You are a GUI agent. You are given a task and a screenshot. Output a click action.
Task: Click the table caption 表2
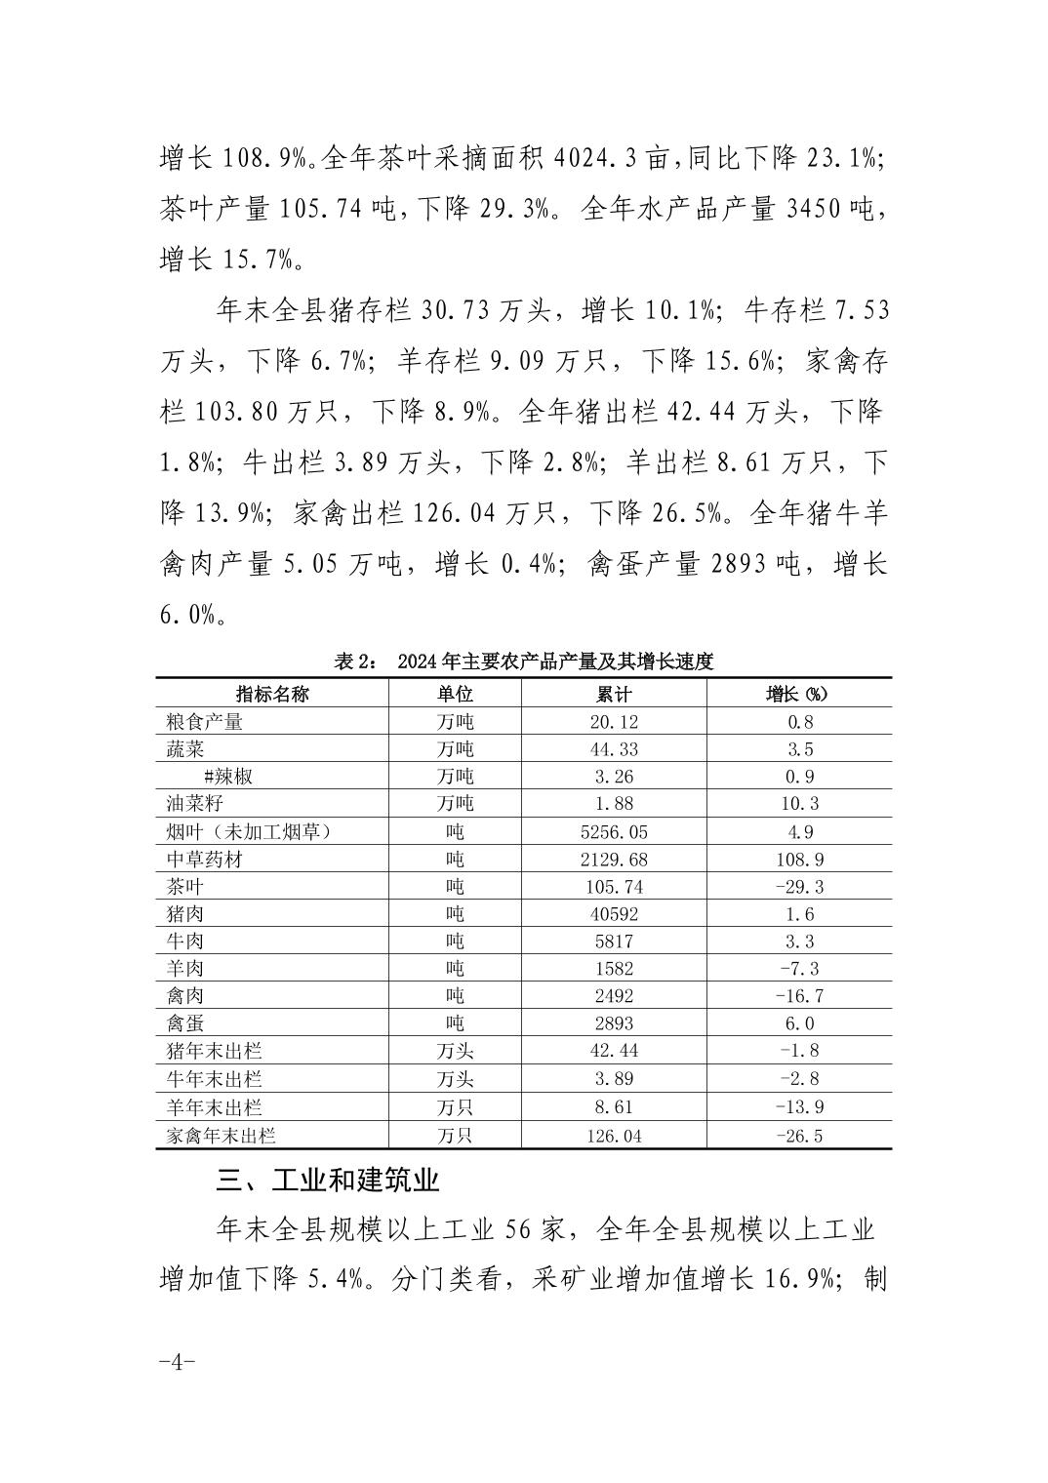coord(524,661)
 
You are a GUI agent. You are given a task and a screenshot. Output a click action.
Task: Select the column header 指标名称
coord(272,694)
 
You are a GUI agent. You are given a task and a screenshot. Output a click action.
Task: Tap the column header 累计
coord(614,694)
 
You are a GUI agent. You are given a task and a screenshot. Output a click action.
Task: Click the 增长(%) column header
coord(797,694)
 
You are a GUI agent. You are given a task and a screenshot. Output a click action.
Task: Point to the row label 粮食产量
coord(205,722)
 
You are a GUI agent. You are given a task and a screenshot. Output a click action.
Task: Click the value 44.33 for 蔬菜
coord(614,749)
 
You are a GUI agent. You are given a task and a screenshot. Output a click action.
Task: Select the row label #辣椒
coord(228,777)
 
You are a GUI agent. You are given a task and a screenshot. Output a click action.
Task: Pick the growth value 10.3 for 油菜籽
coord(797,804)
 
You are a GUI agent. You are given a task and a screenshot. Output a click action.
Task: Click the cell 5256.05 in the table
coord(614,832)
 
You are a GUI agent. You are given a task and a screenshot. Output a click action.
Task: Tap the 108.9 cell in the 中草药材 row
coord(797,860)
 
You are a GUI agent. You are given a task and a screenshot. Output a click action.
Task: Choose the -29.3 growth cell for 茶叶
coord(797,887)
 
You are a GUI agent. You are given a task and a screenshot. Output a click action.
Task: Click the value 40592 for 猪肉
coord(614,914)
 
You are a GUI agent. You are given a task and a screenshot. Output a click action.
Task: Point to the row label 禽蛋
coord(185,1023)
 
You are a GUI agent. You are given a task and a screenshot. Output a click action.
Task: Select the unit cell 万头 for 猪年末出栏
coord(455,1051)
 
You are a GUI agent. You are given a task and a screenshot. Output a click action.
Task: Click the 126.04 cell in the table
coord(614,1136)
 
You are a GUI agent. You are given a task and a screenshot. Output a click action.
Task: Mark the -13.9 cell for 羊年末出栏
coord(797,1107)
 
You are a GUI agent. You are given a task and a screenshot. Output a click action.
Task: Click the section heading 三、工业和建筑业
coord(328,1181)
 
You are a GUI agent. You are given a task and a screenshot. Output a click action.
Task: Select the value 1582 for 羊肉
coord(614,969)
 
